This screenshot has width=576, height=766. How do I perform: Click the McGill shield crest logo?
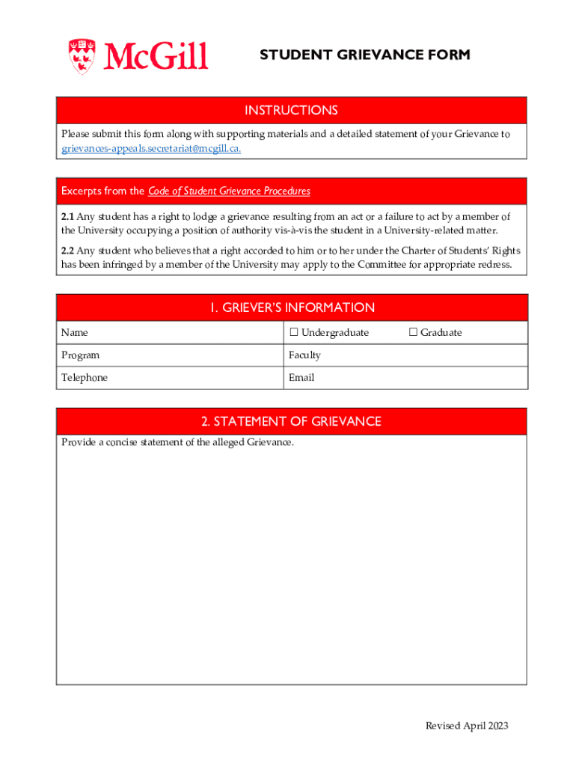pyautogui.click(x=82, y=56)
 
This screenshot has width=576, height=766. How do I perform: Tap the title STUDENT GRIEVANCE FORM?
pyautogui.click(x=365, y=55)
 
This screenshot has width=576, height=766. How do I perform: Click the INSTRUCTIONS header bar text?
pyautogui.click(x=291, y=111)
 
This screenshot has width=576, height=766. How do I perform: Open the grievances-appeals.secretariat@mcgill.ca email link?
pyautogui.click(x=151, y=148)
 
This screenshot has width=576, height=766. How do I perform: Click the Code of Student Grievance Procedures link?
pyautogui.click(x=229, y=191)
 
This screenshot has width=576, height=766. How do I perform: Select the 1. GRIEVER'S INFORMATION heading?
pyautogui.click(x=291, y=307)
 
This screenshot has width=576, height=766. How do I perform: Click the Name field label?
pyautogui.click(x=74, y=332)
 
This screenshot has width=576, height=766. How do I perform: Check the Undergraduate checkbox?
pyautogui.click(x=294, y=332)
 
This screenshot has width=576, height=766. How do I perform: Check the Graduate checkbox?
pyautogui.click(x=413, y=332)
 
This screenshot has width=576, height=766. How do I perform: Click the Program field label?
pyautogui.click(x=80, y=355)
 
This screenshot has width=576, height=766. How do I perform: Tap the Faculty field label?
pyautogui.click(x=304, y=355)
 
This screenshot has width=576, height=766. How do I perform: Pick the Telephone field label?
pyautogui.click(x=85, y=378)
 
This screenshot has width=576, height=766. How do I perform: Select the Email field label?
pyautogui.click(x=301, y=378)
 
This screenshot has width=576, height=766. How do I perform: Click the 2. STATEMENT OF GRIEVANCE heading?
pyautogui.click(x=291, y=421)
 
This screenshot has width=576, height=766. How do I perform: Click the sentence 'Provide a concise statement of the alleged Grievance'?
pyautogui.click(x=177, y=442)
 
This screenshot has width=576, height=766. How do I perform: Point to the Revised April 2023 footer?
pyautogui.click(x=467, y=726)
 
